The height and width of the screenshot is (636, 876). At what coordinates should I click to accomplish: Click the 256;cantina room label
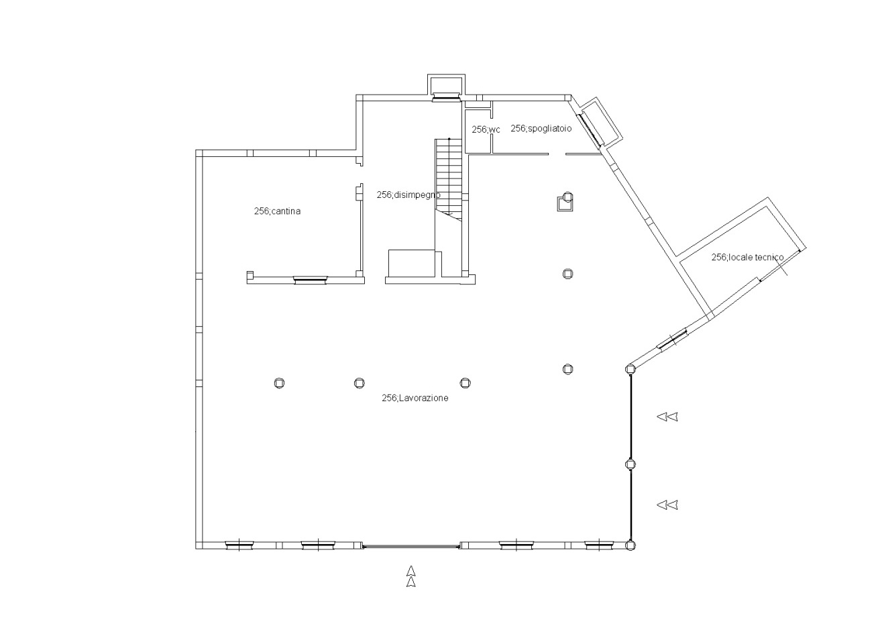[x=277, y=211]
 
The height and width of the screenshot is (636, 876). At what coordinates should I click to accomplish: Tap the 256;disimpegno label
[x=408, y=195]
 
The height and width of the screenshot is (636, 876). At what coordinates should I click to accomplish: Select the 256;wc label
[x=486, y=129]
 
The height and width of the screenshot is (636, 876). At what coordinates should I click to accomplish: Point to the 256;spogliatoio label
[x=541, y=128]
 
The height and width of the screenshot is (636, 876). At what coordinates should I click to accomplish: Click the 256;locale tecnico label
[x=747, y=257]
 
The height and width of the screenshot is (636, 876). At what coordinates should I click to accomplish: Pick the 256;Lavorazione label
[x=415, y=399]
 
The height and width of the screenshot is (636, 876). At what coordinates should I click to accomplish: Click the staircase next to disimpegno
[x=449, y=180]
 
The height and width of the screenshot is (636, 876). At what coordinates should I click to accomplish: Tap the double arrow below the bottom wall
[x=410, y=576]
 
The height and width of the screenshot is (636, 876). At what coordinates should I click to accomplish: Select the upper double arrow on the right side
[x=667, y=417]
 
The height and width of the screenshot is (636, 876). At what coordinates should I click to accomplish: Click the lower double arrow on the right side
[x=667, y=505]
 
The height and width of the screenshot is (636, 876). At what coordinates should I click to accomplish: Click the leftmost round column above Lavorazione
[x=279, y=383]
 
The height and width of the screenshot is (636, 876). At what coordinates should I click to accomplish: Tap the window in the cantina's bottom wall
[x=310, y=279]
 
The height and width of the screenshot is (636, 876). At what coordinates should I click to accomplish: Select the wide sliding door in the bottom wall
[x=410, y=545]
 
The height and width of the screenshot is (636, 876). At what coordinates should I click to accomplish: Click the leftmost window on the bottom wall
[x=239, y=545]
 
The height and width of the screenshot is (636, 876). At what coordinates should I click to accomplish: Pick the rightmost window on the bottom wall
[x=598, y=545]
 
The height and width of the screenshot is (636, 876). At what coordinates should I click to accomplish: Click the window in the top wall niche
[x=446, y=97]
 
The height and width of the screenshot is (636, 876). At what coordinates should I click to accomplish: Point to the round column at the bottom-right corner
[x=630, y=545]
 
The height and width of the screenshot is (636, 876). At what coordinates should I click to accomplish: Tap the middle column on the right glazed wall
[x=631, y=464]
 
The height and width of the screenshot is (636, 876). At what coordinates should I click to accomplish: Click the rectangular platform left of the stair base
[x=411, y=263]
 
